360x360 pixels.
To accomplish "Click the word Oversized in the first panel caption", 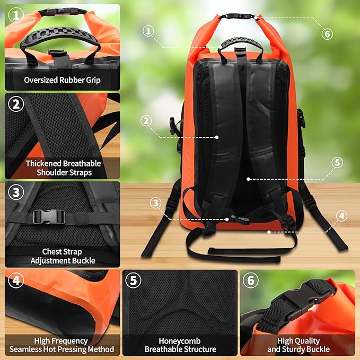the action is [x=41, y=80].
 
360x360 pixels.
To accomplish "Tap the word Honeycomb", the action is [x=180, y=341].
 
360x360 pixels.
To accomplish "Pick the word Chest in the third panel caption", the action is [x=51, y=252].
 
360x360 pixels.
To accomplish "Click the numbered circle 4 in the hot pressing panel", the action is [x=16, y=280].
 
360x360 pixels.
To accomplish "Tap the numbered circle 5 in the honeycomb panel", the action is [x=134, y=280].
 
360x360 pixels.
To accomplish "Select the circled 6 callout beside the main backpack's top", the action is [x=327, y=34].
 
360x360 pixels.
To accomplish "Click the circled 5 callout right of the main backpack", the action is [x=337, y=162].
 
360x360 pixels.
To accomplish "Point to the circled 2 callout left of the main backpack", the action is [x=146, y=121].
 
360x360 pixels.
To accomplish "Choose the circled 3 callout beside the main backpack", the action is [x=156, y=203].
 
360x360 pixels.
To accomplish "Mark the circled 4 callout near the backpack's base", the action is [x=341, y=216].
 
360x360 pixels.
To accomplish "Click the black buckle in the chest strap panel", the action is [x=48, y=217].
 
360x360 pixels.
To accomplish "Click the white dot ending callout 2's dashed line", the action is [x=217, y=137].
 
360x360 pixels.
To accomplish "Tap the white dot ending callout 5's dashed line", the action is [x=248, y=179].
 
